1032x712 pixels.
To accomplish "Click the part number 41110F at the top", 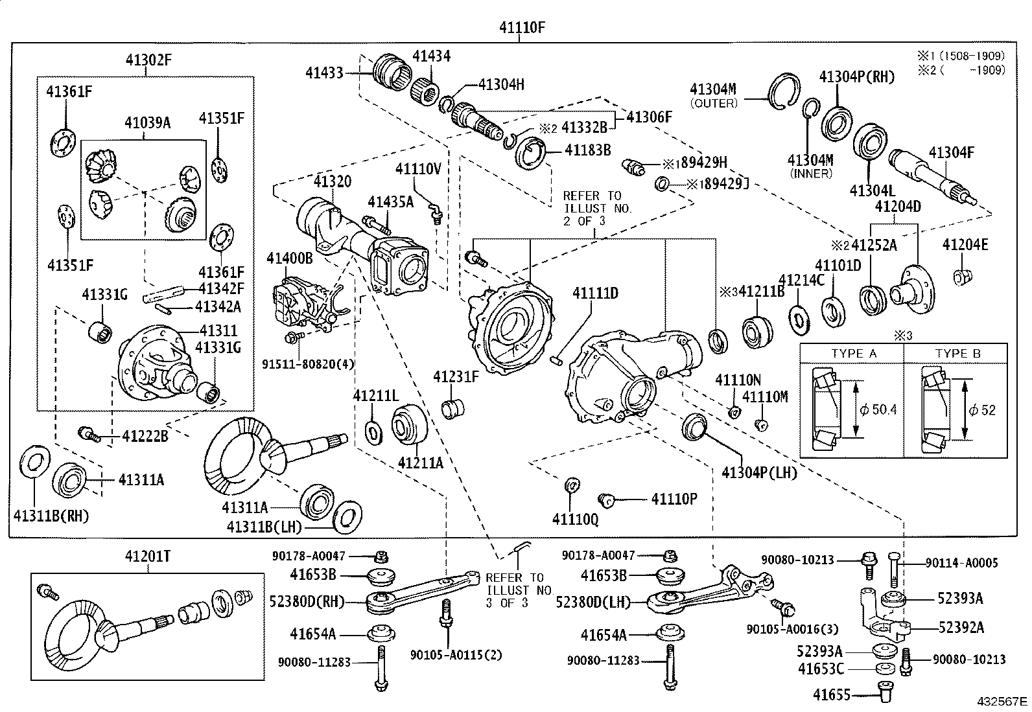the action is tap(522, 28).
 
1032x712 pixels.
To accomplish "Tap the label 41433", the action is tap(324, 73).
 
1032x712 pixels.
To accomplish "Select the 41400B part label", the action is tap(289, 258).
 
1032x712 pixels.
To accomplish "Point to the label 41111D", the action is tap(595, 293).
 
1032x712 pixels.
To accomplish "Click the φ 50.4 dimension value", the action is tap(878, 409).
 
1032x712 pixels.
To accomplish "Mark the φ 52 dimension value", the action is tap(982, 409).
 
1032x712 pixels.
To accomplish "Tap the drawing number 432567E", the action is tap(1002, 702).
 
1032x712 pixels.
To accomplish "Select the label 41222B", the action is tap(145, 435).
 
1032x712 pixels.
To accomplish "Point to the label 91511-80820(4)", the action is tap(308, 364).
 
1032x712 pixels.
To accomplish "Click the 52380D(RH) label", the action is tap(307, 601).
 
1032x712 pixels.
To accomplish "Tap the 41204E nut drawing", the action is tap(961, 277).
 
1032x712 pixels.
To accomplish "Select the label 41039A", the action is tap(147, 122).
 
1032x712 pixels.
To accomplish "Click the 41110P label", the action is tap(674, 499).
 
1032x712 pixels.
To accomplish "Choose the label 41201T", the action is tap(147, 557).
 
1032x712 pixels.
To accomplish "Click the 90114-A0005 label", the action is tap(961, 562).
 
